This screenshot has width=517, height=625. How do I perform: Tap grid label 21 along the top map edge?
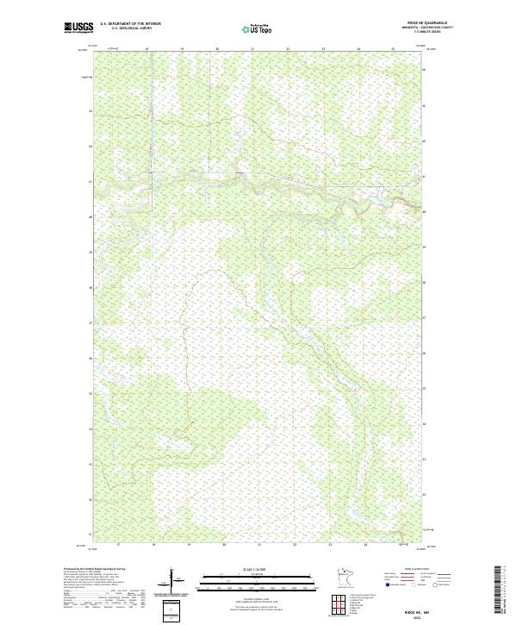click(252, 49)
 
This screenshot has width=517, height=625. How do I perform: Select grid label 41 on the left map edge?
click(90, 182)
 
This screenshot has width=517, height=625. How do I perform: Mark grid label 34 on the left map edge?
click(90, 428)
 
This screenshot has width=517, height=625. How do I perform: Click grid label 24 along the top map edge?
click(358, 49)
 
